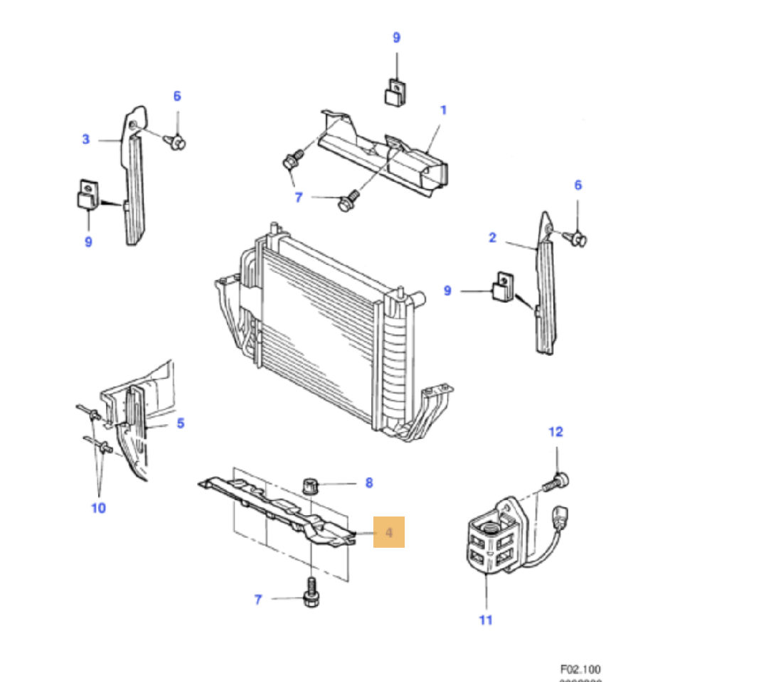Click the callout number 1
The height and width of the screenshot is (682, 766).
click(x=443, y=110)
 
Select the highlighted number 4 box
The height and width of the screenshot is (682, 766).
click(x=389, y=532)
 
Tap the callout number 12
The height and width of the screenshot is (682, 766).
click(x=555, y=432)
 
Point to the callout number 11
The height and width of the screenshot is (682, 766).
click(x=485, y=619)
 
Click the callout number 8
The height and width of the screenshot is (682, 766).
click(x=368, y=483)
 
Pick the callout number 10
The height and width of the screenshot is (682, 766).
click(x=98, y=508)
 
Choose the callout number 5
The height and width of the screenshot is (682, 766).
click(x=180, y=423)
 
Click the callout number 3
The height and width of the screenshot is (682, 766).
click(x=85, y=139)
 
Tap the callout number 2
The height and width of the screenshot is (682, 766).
click(x=492, y=237)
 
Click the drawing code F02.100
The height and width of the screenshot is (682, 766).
click(x=580, y=669)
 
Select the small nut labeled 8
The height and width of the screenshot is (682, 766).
click(x=311, y=485)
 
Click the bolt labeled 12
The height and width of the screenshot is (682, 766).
click(x=557, y=483)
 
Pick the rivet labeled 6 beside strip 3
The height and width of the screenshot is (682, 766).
click(x=176, y=141)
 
